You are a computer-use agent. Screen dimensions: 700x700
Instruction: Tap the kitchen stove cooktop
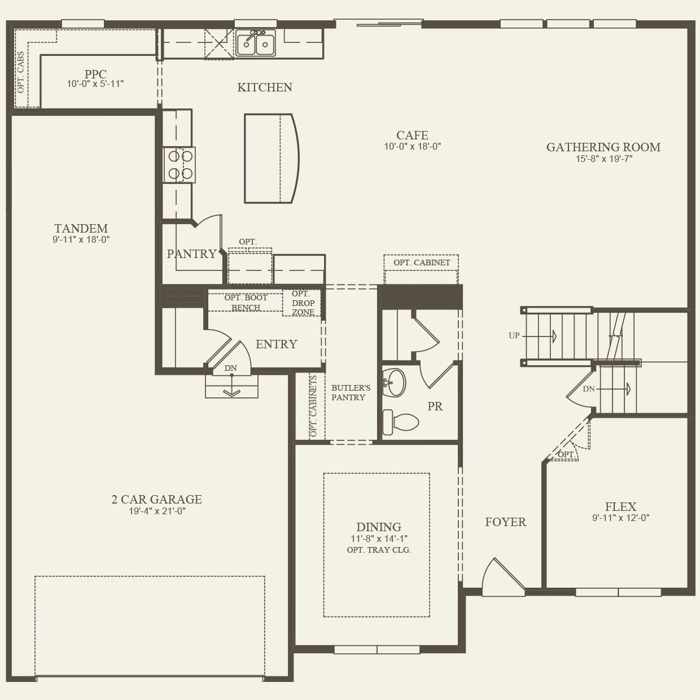click(x=180, y=165)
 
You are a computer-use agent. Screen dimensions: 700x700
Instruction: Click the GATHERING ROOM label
click(x=603, y=147)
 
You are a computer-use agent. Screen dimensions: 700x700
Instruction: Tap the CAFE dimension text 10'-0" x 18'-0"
click(x=412, y=147)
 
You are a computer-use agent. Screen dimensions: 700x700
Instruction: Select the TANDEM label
click(x=81, y=229)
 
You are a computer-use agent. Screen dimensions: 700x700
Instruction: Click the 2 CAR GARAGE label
click(x=156, y=500)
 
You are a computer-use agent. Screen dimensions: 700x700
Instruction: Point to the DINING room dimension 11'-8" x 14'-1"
click(x=379, y=539)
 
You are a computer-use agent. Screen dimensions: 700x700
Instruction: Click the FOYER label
click(x=505, y=522)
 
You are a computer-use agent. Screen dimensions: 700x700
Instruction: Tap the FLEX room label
click(x=620, y=507)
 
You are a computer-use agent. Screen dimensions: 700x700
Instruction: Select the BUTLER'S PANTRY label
click(x=351, y=392)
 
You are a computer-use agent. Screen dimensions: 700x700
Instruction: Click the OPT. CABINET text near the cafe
click(x=422, y=262)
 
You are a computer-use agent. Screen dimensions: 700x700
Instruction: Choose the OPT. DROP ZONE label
click(x=303, y=303)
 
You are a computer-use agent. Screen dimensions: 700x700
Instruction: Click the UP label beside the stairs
click(x=514, y=335)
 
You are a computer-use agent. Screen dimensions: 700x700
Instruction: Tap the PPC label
click(x=95, y=74)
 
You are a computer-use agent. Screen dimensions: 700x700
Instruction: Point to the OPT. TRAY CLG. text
click(x=379, y=550)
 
